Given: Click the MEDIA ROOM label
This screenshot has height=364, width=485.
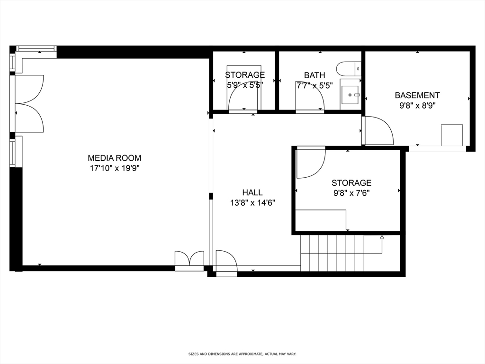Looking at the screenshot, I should pos(114,158).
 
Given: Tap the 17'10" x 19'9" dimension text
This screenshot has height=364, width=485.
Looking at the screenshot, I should pos(114,168).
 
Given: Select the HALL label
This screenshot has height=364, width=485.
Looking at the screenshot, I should pos(252,192).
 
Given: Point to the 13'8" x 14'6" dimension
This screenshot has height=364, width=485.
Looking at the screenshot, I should pos(252,202).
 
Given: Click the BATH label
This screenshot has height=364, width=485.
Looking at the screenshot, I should pos(314,75).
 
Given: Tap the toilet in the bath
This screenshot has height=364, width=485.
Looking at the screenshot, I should pos(349,69).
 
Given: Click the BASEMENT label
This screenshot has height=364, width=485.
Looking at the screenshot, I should pos(417,95).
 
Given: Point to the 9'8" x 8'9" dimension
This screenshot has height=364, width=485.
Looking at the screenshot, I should pos(417,105).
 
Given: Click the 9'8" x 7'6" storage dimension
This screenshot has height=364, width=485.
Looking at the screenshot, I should pos(351,193).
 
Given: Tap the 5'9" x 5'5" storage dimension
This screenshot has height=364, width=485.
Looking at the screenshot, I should pos(244,85).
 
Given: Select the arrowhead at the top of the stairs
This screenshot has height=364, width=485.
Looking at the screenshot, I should pos(382,237).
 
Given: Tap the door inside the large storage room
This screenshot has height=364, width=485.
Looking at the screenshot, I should pos(310,163).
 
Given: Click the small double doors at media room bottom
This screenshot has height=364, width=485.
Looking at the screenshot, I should pos(189,260).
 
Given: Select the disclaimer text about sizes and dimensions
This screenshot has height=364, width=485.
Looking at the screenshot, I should pos(242,354).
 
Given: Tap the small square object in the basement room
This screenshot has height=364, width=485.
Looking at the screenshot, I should pos(452,135).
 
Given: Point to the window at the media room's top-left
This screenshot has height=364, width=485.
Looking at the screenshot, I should pos(36,48).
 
